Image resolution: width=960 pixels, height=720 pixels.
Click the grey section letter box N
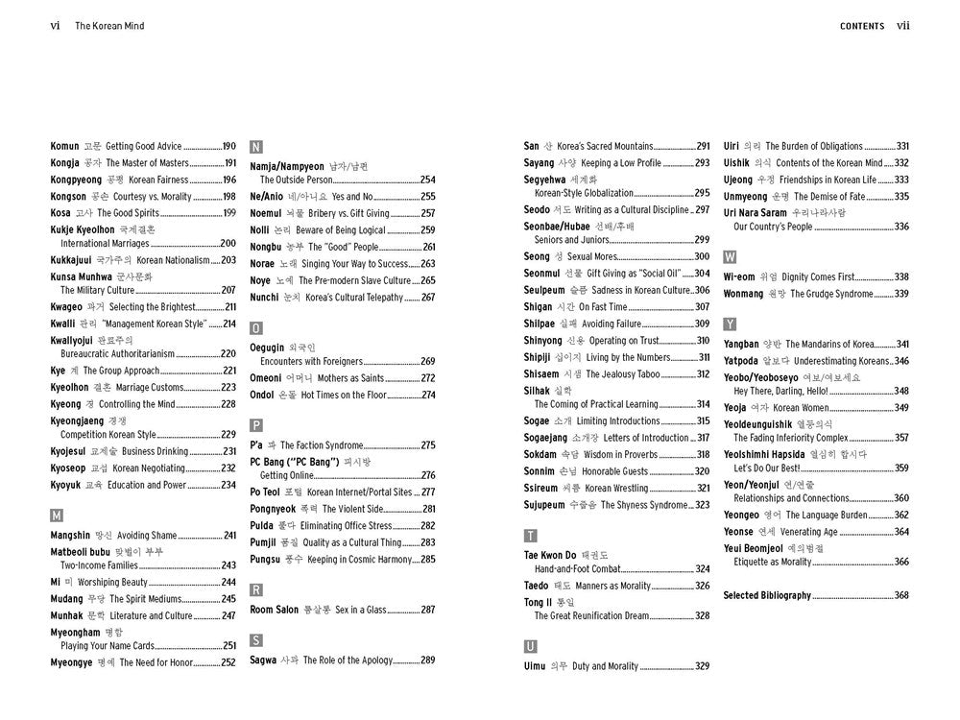click(x=256, y=147)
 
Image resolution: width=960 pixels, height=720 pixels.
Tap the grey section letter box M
click(x=57, y=516)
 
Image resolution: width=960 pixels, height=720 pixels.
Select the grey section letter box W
click(x=731, y=257)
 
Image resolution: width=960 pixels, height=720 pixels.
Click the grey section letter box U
click(x=530, y=646)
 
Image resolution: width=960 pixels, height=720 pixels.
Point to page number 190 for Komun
click(x=228, y=146)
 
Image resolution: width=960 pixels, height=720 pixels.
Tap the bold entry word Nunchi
click(x=266, y=298)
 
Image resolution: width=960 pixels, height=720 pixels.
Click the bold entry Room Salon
click(x=275, y=610)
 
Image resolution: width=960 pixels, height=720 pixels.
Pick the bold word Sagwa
click(x=264, y=660)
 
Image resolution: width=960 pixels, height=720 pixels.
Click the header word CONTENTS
click(x=862, y=26)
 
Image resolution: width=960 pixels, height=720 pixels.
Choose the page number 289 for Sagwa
click(x=428, y=660)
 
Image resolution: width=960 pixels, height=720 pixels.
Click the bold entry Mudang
click(x=66, y=599)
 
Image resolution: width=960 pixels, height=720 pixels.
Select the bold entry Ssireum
click(x=542, y=489)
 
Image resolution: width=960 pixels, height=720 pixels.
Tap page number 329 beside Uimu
click(x=703, y=666)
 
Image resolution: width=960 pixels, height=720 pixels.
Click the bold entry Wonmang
click(x=743, y=294)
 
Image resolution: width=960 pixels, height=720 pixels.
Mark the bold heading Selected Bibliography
click(x=767, y=595)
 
